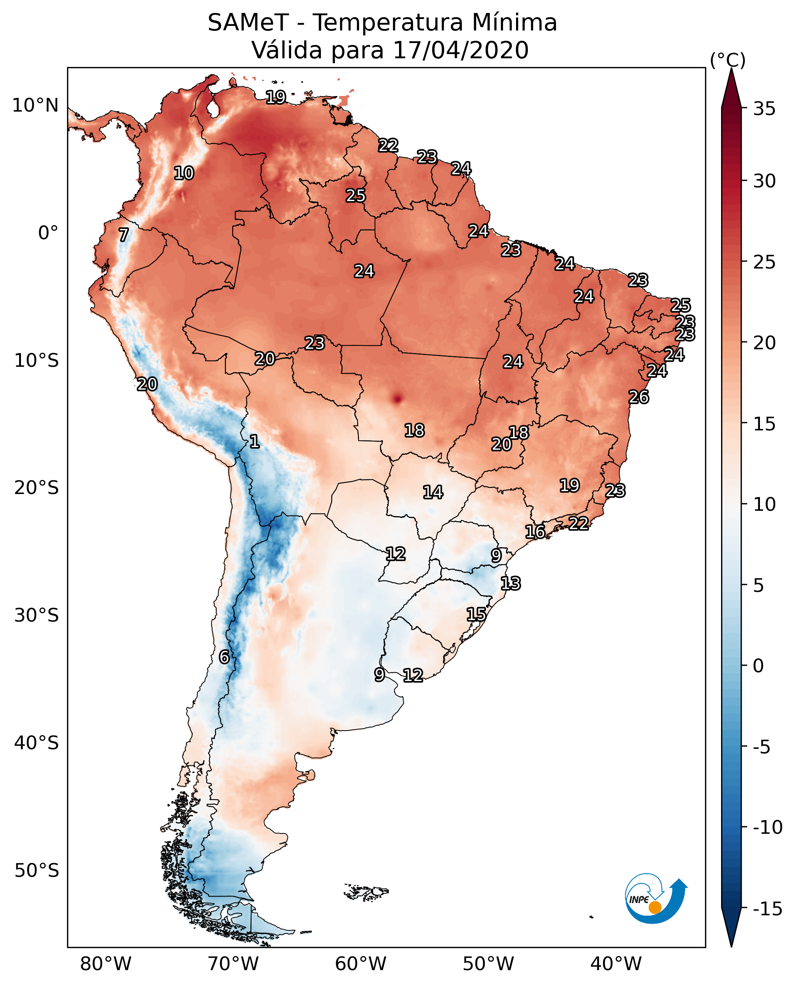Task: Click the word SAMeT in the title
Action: [x=248, y=23]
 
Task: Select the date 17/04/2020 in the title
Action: [x=461, y=50]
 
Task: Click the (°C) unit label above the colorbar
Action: [x=728, y=60]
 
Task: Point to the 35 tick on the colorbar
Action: [x=764, y=109]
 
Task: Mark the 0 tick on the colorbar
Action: [x=758, y=665]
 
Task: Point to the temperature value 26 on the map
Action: [x=638, y=397]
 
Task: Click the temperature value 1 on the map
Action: [x=254, y=441]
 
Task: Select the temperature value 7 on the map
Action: [x=123, y=235]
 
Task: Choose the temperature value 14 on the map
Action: [x=433, y=492]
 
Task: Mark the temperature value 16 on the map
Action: [x=535, y=532]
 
